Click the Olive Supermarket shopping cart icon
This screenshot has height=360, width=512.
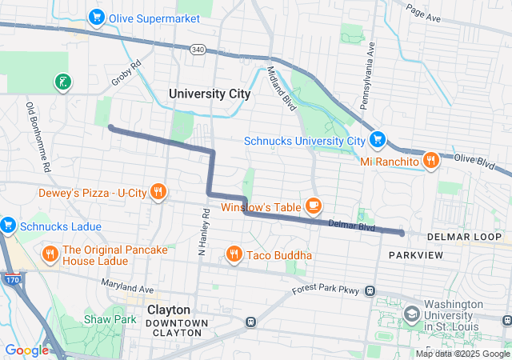(98, 16)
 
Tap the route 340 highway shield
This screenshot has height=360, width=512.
(198, 50)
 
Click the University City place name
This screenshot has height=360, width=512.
(210, 94)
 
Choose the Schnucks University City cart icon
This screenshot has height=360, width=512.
(378, 141)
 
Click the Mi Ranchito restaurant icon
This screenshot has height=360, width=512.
(430, 161)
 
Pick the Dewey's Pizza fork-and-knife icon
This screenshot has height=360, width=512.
(158, 192)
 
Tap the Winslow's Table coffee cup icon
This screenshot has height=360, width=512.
(313, 206)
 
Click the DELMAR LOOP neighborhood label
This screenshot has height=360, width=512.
(464, 238)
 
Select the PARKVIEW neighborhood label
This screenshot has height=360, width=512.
(415, 254)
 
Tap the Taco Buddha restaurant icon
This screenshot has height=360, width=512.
(234, 254)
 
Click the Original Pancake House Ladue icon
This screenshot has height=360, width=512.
(50, 255)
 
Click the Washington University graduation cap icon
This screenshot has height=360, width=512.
(412, 313)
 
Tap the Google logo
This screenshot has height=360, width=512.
(26, 350)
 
